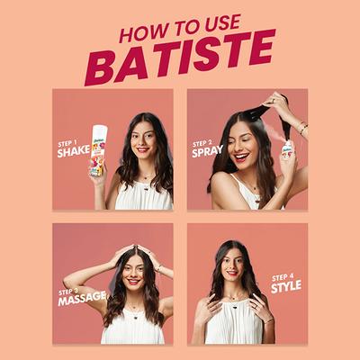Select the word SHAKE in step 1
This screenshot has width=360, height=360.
pos(73,151)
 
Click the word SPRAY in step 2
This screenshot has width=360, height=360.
pos(207,151)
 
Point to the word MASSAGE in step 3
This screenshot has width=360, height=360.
pos(82,300)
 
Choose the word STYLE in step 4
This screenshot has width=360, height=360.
pos(285,286)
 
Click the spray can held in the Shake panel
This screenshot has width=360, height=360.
pos(98,148)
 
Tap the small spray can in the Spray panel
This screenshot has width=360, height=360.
pos(285,149)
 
